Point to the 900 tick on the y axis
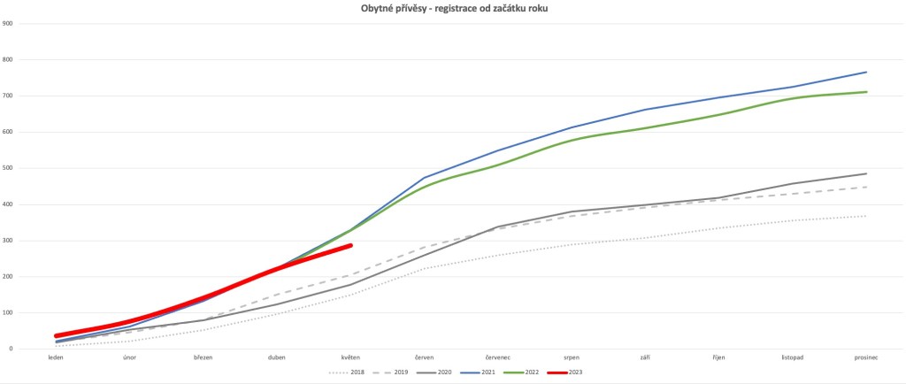pyautogui.click(x=8, y=23)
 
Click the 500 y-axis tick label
pyautogui.click(x=8, y=168)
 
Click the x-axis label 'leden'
pyautogui.click(x=57, y=357)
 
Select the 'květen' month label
pyautogui.click(x=351, y=357)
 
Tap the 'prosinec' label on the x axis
pyautogui.click(x=865, y=357)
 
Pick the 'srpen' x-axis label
pyautogui.click(x=572, y=357)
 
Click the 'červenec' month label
pyautogui.click(x=498, y=357)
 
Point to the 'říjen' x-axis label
pyautogui.click(x=718, y=357)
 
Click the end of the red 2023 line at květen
pyautogui.click(x=351, y=246)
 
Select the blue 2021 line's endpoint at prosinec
pyautogui.click(x=865, y=73)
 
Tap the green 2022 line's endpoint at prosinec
pyautogui.click(x=865, y=92)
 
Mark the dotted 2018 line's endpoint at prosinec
pyautogui.click(x=865, y=216)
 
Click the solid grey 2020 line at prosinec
pyautogui.click(x=865, y=173)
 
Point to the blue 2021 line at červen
pyautogui.click(x=425, y=178)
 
